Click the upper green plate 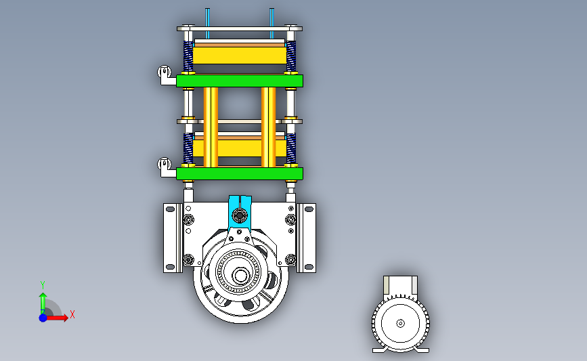(240, 81)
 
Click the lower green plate (240, 173)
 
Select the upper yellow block (240, 56)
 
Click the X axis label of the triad (72, 314)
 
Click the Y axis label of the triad (43, 285)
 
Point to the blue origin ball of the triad (43, 318)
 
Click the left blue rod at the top (207, 18)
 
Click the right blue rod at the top (271, 18)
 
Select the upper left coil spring (188, 56)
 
